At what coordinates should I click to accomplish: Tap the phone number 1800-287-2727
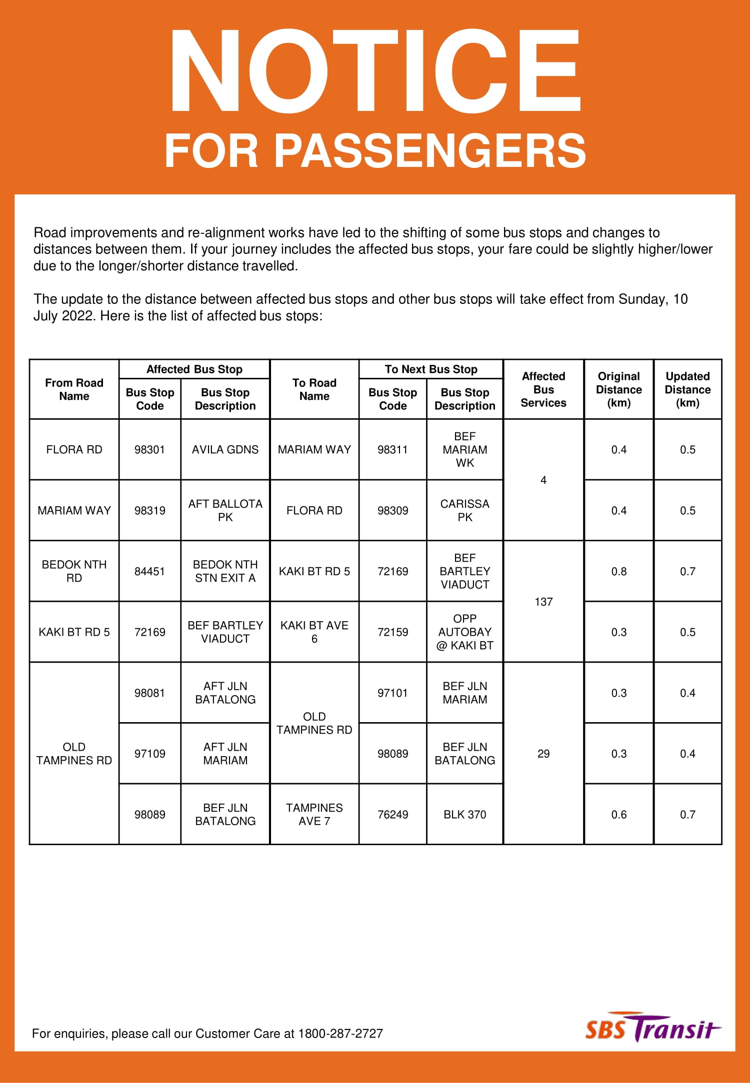click(340, 1034)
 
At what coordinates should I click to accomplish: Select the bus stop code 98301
click(149, 449)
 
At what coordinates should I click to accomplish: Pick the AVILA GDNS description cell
click(225, 449)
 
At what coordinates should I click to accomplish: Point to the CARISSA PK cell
click(464, 510)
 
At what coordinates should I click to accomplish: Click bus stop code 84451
click(149, 571)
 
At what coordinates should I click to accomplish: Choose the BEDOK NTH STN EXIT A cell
click(225, 571)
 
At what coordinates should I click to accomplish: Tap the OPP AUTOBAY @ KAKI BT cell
click(464, 632)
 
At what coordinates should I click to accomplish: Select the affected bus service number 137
click(543, 602)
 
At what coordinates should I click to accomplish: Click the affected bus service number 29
click(543, 754)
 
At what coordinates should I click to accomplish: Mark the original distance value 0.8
click(618, 571)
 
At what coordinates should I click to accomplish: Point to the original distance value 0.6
click(618, 815)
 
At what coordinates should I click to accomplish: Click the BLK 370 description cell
click(464, 815)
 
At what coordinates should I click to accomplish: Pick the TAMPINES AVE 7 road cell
click(314, 815)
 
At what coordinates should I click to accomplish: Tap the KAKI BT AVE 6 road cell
click(314, 632)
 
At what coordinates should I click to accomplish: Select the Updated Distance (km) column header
click(687, 389)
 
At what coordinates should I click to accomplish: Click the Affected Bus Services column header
click(543, 389)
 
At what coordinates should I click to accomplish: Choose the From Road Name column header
click(74, 389)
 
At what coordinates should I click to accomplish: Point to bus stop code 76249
click(392, 815)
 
